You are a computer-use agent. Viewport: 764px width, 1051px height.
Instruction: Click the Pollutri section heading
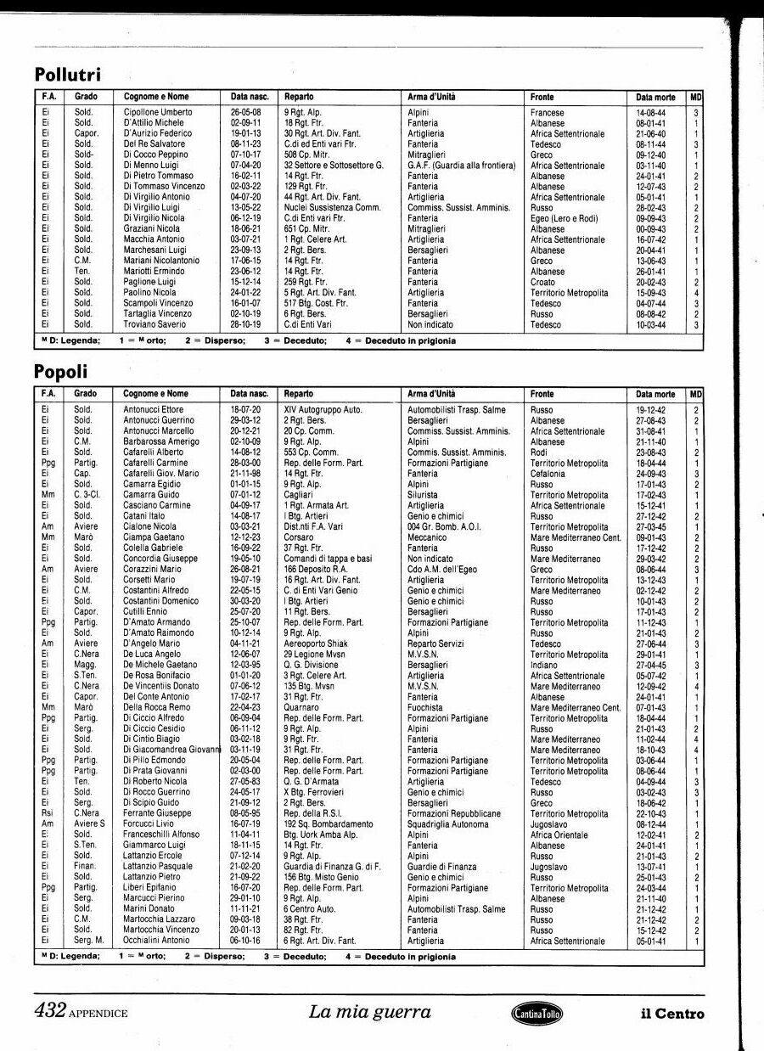pos(72,75)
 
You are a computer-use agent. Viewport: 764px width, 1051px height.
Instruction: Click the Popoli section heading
pos(60,372)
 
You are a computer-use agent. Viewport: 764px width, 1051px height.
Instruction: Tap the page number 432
pos(50,1011)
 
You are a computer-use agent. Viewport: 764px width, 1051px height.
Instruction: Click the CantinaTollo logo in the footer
pos(536,1012)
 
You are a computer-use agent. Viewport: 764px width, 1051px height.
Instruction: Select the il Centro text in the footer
pos(672,1013)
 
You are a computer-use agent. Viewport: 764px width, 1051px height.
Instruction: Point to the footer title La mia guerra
pos(369,1011)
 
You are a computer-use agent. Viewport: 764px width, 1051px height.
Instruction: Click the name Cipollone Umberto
pos(158,112)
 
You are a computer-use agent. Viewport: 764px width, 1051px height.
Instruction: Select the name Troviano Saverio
pos(155,324)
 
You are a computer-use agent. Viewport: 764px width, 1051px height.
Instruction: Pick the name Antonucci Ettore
pos(153,410)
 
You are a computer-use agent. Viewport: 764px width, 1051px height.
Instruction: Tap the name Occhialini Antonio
pos(156,941)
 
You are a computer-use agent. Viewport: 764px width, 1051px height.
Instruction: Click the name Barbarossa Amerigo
pos(160,441)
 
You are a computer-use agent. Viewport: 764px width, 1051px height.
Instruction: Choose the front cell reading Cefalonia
pos(550,474)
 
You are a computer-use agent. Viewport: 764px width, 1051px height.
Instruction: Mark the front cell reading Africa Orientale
pos(559,835)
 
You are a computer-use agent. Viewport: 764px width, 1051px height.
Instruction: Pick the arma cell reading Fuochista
pos(426,707)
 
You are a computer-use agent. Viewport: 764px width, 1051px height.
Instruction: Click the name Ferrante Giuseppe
pos(157,813)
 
